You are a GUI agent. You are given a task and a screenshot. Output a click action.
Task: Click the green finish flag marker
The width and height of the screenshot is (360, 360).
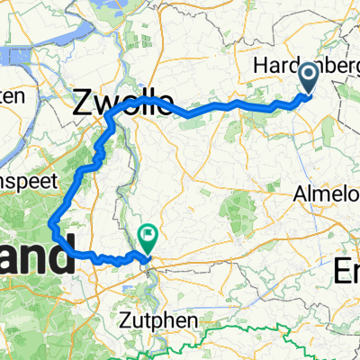click(x=146, y=238)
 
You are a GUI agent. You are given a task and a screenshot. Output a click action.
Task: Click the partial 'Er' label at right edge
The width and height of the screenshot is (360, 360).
click(x=346, y=269)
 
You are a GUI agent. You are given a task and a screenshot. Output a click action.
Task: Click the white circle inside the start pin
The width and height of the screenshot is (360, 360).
click(x=307, y=76)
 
